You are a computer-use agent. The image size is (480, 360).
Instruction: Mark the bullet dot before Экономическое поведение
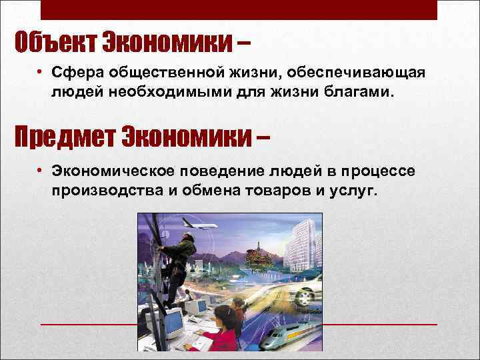[41, 172]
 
